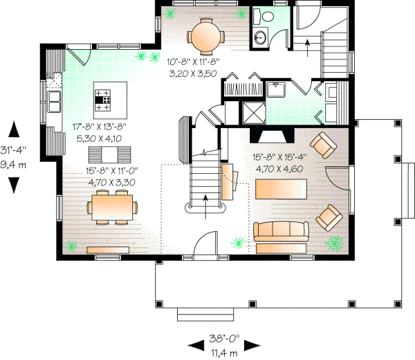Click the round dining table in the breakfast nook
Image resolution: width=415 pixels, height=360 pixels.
tap(206, 36)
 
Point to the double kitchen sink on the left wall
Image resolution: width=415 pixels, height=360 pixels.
tap(54, 99)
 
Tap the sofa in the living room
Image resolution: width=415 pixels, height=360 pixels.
tap(279, 232)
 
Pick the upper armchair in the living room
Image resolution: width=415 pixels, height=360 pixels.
tap(322, 145)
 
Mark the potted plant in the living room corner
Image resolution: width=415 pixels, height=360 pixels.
tap(336, 242)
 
